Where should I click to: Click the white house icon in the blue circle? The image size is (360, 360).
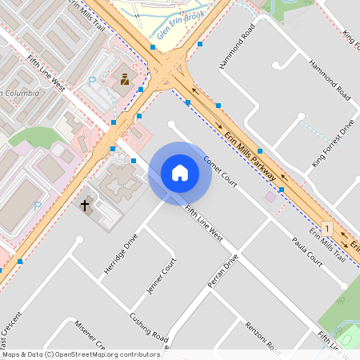click(x=180, y=173)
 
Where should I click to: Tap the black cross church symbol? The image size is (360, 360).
click(x=86, y=206)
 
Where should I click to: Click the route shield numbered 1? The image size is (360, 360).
click(x=327, y=228)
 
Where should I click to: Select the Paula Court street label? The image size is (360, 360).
click(x=306, y=250)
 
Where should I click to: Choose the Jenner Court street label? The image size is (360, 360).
click(x=160, y=276)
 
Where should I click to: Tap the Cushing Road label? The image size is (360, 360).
click(x=149, y=324)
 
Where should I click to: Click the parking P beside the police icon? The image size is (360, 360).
click(x=91, y=81)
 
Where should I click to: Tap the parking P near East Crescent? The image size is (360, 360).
click(x=38, y=206)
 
